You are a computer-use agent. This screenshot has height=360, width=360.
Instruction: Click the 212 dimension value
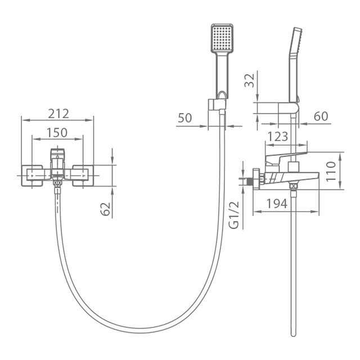[58, 114]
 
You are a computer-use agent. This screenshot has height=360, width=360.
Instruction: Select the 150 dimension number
[57, 133]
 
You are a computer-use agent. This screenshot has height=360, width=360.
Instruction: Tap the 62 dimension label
[106, 209]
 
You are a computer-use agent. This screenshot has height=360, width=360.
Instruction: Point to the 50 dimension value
[185, 118]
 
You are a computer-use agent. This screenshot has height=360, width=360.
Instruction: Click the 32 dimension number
[250, 80]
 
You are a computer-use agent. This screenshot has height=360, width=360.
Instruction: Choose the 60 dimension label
[321, 116]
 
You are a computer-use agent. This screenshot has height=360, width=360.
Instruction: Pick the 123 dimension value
[277, 136]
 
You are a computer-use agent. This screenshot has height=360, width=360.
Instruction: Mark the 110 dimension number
[331, 171]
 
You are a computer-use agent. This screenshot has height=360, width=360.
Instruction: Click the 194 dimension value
[277, 204]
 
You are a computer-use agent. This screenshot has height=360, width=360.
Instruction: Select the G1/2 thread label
[235, 215]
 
